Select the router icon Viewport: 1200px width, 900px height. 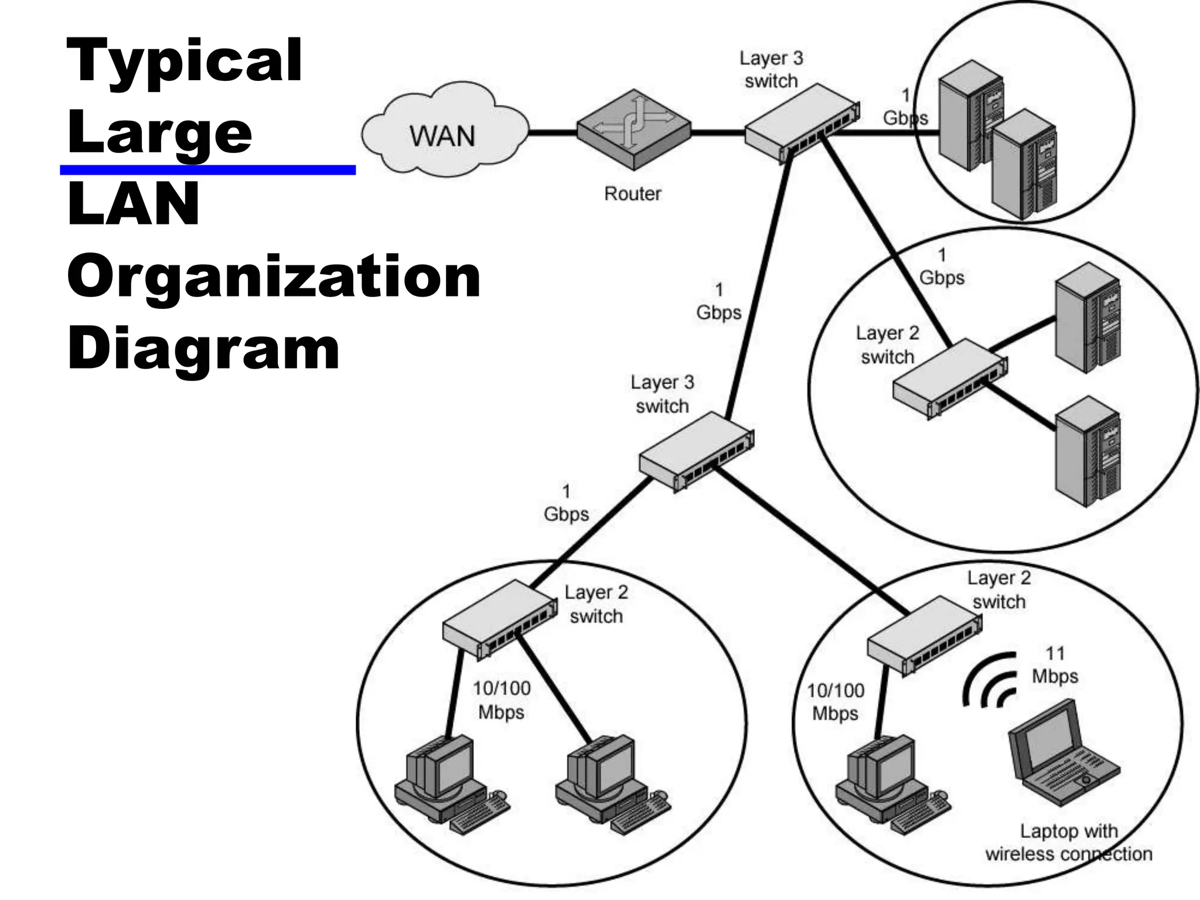tap(634, 130)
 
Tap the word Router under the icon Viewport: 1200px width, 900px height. tap(632, 193)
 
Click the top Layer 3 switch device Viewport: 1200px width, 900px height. tap(802, 124)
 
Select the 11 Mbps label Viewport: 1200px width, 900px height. tap(1055, 665)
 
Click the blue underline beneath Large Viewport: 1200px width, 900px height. tap(207, 170)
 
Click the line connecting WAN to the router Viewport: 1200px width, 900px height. tap(552, 133)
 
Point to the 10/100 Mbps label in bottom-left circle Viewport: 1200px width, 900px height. tap(502, 700)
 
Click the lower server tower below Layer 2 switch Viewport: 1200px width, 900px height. tap(1087, 451)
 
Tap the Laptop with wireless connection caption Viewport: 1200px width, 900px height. tap(1069, 843)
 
